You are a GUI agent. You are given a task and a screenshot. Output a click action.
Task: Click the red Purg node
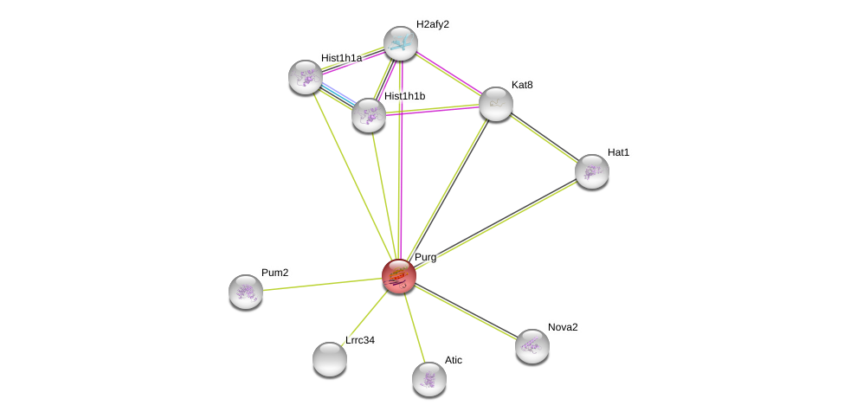[399, 276]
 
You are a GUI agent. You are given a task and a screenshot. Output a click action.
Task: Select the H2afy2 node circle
[401, 43]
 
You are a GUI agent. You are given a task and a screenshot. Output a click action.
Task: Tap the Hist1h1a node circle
[306, 77]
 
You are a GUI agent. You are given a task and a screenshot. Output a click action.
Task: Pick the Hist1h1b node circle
[369, 115]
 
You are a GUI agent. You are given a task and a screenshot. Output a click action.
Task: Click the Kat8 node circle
[496, 104]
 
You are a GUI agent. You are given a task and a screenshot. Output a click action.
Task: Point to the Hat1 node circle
[592, 171]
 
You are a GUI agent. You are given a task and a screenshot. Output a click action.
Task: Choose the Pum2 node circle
[246, 292]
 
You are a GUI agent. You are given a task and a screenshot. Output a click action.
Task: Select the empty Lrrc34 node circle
[330, 359]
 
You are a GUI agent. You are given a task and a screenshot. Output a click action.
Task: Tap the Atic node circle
[429, 379]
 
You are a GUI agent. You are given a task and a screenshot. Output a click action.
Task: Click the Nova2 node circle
[532, 346]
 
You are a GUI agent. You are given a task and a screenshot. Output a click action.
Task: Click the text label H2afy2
[432, 24]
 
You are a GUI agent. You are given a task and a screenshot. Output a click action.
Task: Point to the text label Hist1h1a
[341, 58]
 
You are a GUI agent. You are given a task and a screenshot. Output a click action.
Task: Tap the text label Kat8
[522, 85]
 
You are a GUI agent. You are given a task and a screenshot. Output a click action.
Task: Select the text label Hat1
[618, 152]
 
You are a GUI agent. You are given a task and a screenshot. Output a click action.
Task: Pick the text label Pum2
[274, 273]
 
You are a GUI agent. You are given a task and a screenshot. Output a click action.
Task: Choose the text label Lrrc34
[360, 340]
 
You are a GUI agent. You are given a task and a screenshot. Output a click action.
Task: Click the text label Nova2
[563, 327]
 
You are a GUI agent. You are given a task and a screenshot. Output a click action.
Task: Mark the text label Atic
[454, 360]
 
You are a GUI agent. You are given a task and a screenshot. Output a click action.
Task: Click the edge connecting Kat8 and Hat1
[544, 138]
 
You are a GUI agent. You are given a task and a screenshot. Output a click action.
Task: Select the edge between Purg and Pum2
[322, 284]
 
